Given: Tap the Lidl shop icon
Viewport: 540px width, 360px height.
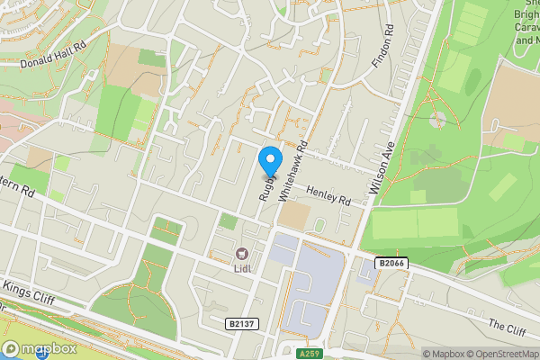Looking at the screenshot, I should coord(242,255).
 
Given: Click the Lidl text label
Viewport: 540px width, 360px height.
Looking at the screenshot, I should coord(242,268).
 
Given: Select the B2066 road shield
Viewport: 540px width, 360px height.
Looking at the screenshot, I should coord(390,262).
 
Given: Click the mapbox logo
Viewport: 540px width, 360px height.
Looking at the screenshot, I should coord(38,348).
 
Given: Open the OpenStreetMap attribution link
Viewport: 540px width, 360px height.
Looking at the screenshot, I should coord(504,354).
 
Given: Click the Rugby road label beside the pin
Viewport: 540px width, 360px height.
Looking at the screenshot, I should coord(266,185).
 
